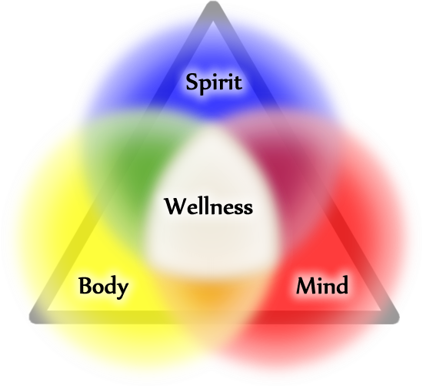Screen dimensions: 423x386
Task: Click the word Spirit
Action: point(214,82)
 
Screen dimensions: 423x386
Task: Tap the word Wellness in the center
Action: point(208,206)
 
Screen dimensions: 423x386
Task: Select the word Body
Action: point(103,287)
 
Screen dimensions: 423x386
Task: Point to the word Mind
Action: point(322,285)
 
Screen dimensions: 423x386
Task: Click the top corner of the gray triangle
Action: point(213,3)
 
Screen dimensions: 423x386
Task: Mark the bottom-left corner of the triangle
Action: point(32,319)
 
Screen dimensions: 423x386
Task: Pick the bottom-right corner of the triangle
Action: point(396,319)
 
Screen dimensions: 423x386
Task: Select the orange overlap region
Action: point(211,296)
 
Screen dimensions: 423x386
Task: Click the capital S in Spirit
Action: point(193,82)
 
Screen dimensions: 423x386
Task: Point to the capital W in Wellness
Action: point(177,206)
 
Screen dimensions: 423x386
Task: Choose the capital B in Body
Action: point(85,285)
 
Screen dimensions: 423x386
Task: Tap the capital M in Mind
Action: point(308,285)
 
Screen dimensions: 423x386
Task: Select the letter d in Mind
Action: point(341,285)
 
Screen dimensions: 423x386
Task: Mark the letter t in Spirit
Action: point(238,82)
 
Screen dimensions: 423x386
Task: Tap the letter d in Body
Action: point(110,285)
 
